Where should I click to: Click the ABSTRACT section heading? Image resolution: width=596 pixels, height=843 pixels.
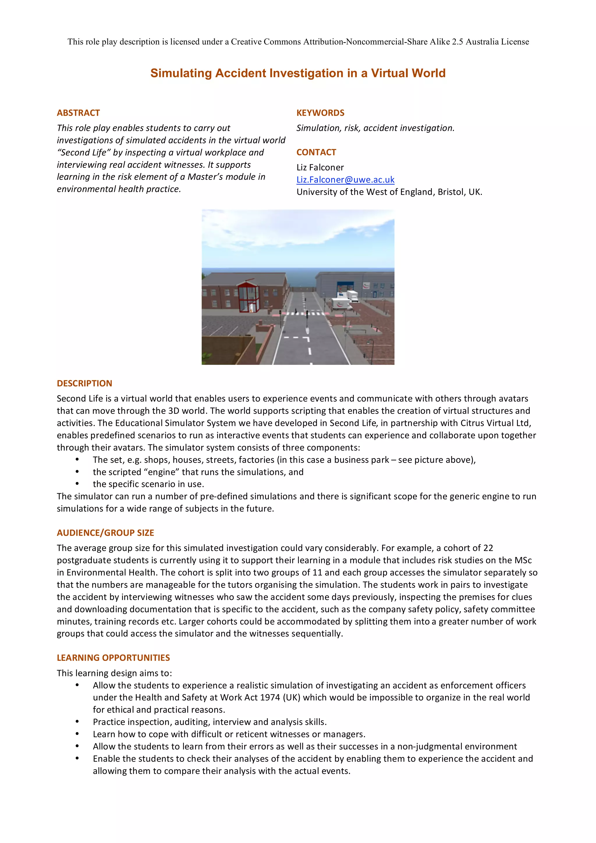point(78,113)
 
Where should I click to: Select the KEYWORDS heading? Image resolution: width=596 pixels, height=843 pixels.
point(320,113)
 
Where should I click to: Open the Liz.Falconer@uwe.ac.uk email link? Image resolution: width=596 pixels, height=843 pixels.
point(345,179)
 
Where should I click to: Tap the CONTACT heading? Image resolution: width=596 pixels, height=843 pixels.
point(316,152)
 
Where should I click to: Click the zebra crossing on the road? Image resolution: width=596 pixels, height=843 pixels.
point(306,314)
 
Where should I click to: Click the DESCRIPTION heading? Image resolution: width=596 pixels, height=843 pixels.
point(84,383)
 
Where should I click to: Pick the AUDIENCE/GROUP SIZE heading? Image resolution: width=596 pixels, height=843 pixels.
point(105,533)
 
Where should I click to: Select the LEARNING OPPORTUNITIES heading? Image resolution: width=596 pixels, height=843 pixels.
point(113,658)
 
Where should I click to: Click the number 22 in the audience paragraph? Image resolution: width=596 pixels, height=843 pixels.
point(488,548)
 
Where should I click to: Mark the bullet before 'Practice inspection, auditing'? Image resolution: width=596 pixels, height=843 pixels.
point(77,722)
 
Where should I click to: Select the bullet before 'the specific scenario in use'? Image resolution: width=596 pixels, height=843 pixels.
point(77,484)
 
